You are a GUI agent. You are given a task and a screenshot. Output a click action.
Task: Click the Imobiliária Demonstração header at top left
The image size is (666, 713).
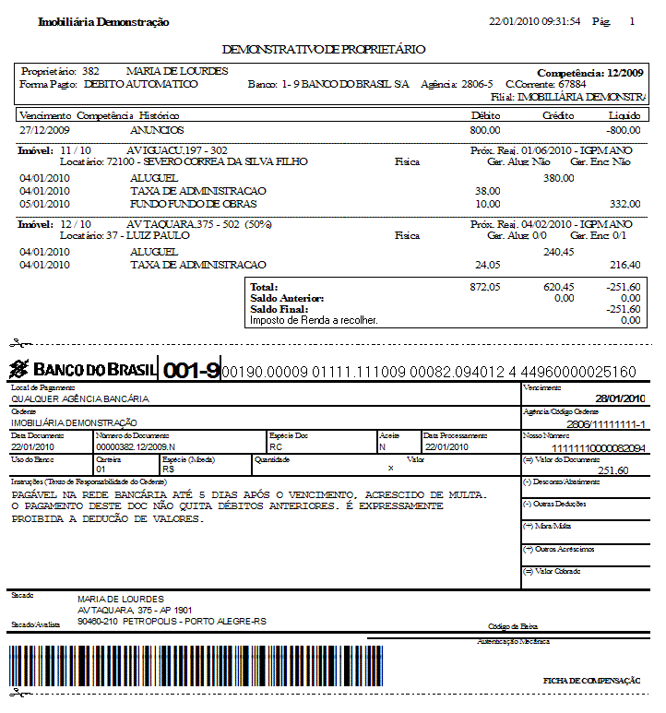[x=103, y=21]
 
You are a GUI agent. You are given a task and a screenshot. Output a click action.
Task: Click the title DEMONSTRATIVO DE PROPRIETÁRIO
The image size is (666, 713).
[x=324, y=49]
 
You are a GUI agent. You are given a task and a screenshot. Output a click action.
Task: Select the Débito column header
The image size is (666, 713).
[x=485, y=116]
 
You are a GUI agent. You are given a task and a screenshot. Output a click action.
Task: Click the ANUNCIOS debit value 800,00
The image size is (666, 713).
[x=485, y=131]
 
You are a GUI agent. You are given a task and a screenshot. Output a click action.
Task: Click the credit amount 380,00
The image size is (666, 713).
[x=558, y=178]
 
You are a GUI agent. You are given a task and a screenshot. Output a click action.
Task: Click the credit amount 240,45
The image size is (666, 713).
[x=558, y=252]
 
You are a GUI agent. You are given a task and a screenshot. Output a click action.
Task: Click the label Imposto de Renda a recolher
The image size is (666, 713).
[x=314, y=321]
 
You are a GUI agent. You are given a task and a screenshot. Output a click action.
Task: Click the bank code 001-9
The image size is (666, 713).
[x=191, y=371]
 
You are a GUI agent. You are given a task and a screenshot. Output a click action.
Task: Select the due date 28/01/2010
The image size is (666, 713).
[x=620, y=398]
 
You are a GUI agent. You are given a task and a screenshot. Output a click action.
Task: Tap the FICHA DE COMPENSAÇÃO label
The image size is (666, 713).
[x=591, y=681]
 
